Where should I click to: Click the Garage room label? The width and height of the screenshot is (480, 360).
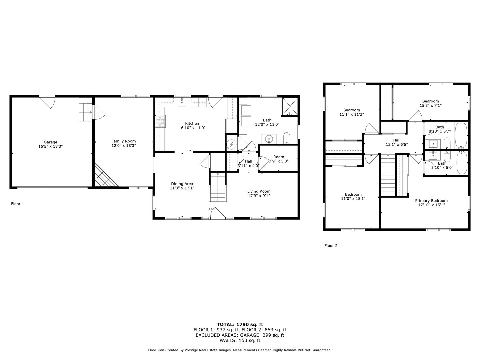(51, 142)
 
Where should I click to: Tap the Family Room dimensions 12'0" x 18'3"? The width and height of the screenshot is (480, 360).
(124, 146)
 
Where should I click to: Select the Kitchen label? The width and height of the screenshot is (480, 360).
(192, 123)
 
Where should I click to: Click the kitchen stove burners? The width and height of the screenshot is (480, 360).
(161, 121)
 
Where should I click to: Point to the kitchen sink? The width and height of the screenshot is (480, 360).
(182, 102)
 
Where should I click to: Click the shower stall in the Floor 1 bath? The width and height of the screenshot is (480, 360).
(290, 106)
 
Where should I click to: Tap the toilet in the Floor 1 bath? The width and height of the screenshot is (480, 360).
(287, 138)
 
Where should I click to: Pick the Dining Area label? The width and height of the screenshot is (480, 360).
(182, 184)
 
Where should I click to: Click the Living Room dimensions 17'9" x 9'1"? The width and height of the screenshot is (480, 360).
(259, 196)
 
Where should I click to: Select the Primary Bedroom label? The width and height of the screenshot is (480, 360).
(431, 201)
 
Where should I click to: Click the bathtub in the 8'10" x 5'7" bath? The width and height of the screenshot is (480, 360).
(461, 136)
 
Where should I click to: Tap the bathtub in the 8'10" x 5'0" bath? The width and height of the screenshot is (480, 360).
(462, 162)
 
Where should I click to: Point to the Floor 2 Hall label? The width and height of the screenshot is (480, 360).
(397, 140)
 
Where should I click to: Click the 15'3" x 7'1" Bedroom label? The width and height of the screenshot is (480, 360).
(430, 101)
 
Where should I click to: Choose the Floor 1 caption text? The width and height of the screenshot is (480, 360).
(17, 204)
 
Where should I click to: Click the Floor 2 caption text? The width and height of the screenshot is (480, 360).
(331, 245)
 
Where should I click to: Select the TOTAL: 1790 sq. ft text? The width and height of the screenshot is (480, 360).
(240, 324)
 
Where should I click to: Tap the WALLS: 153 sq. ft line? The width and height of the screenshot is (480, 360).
(240, 340)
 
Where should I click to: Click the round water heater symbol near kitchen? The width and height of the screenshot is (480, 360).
(231, 144)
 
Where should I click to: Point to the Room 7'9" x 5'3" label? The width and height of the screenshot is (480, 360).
(279, 157)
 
